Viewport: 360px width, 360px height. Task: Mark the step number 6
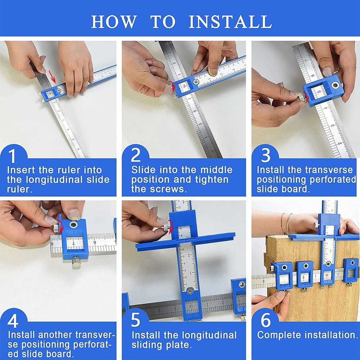[265, 320]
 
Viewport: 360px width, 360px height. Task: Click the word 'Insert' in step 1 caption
[24, 170]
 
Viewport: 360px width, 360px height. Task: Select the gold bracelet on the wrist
[284, 223]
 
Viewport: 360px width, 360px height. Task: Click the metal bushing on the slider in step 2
[196, 82]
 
